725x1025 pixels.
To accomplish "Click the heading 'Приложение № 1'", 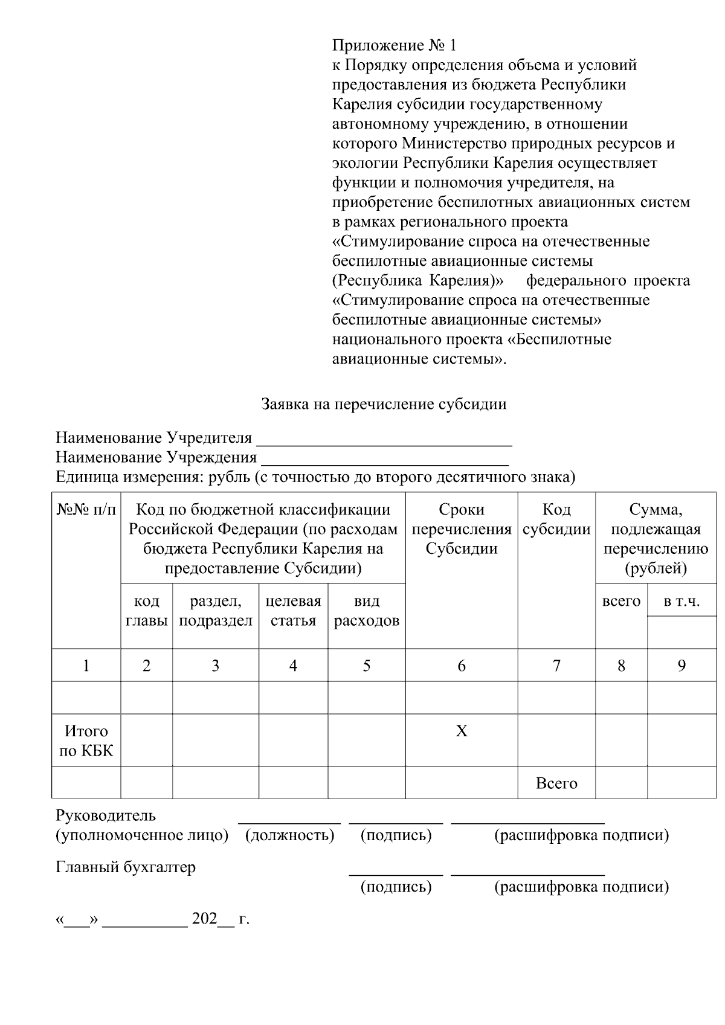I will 395,45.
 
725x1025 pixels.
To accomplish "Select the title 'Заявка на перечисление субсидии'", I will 384,404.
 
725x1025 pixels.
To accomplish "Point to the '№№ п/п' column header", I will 86,510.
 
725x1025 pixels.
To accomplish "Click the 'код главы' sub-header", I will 146,611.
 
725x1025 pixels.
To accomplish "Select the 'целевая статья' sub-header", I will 293,611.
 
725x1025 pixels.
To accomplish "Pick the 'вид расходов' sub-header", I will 366,611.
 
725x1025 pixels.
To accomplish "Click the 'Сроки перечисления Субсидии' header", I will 461,529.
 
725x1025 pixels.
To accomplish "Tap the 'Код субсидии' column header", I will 556,519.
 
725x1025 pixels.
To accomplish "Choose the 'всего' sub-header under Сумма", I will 621,601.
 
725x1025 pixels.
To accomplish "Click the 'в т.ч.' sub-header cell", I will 681,601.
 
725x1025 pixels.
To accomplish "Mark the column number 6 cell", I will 461,666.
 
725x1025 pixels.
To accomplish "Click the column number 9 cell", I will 681,666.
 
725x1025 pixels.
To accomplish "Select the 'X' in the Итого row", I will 461,731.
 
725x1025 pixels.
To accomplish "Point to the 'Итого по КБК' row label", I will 86,741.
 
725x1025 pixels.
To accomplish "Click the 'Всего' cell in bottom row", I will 556,783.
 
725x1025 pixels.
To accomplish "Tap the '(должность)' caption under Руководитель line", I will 290,835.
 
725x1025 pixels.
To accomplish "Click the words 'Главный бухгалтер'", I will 126,867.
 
